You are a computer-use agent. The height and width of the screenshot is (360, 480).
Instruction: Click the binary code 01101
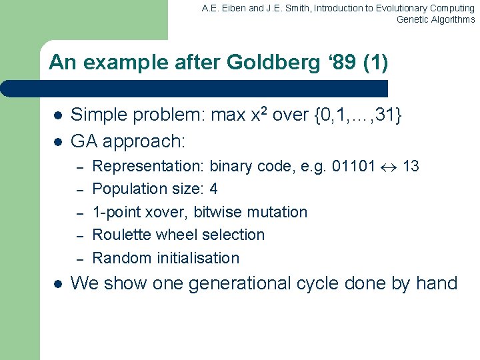tap(354, 166)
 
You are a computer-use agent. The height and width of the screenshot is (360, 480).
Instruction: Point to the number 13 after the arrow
tap(411, 166)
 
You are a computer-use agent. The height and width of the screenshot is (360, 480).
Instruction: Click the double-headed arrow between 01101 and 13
tap(389, 167)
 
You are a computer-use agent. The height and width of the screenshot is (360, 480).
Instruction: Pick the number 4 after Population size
tap(213, 189)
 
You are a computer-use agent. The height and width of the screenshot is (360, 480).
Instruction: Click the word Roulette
tap(121, 235)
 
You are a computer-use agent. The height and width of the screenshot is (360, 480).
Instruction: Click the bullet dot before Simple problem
tap(57, 116)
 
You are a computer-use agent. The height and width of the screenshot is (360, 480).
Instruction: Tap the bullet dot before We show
tap(57, 283)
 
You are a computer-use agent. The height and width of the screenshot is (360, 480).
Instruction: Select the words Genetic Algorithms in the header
tap(435, 19)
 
